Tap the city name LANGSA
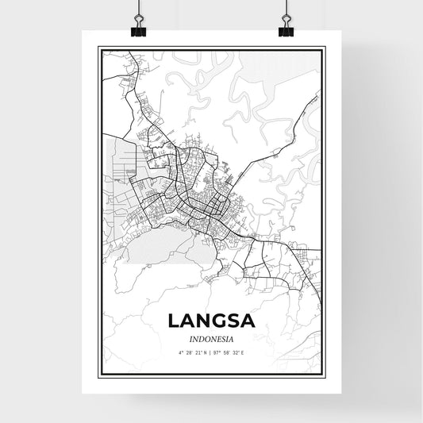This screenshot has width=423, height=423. click(x=210, y=321)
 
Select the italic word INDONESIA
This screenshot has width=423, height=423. click(x=210, y=336)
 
